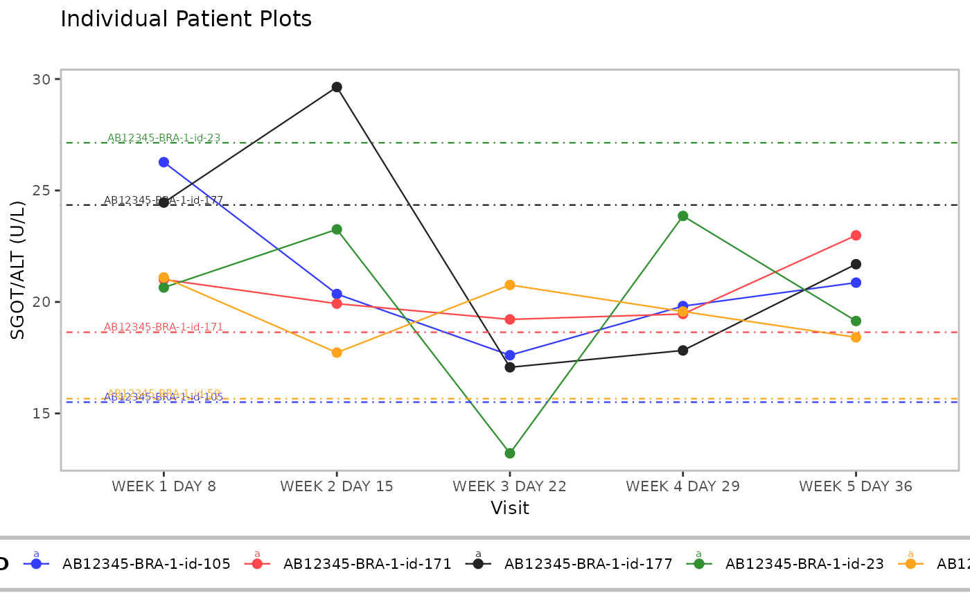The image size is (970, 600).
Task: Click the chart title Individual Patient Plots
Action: coord(186,19)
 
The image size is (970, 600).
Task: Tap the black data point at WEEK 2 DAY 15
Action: coord(337,87)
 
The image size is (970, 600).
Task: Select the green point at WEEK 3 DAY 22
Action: coord(510,453)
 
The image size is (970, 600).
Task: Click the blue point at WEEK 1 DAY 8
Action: coord(164,162)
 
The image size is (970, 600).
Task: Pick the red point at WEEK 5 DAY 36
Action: coord(856,236)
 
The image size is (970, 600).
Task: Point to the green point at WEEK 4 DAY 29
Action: coord(683,216)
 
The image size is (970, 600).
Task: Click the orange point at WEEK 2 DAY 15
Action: coord(337,353)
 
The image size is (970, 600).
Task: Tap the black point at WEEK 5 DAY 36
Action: coord(856,264)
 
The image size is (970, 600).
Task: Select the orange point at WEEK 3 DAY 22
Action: coord(510,285)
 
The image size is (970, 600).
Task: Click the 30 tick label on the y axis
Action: coord(42,79)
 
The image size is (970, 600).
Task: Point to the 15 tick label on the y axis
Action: coord(42,413)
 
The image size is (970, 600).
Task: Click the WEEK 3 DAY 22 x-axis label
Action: coord(510,486)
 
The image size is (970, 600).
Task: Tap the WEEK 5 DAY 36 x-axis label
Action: coord(856,486)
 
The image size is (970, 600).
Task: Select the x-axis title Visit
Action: coord(510,509)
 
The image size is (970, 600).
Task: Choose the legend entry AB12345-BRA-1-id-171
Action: coord(367,564)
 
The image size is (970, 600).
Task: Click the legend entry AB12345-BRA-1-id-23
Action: coord(804,564)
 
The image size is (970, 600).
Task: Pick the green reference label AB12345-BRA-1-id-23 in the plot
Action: coord(164,138)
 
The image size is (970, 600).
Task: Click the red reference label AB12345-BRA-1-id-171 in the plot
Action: coord(164,327)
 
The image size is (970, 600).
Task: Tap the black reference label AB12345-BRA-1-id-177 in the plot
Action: coord(164,200)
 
